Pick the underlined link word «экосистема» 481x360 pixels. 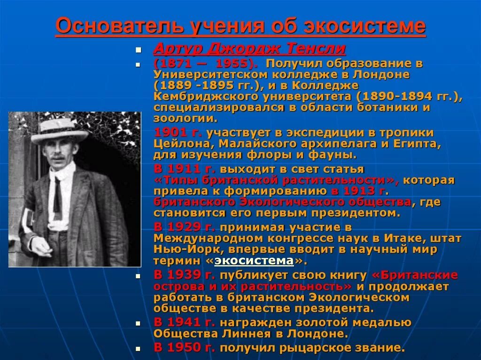(x=254, y=260)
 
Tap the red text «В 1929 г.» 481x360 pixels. (x=184, y=227)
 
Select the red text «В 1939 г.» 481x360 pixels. (x=184, y=275)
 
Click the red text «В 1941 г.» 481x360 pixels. (x=184, y=322)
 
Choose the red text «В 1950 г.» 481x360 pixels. (x=184, y=348)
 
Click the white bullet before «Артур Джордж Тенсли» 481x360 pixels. (x=138, y=50)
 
